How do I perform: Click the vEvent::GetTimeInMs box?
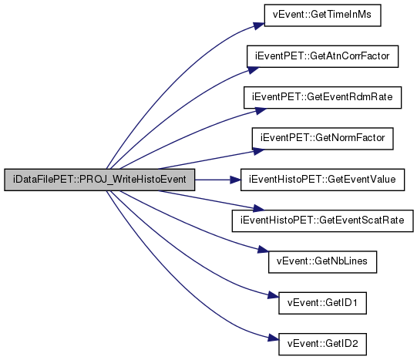click(323, 15)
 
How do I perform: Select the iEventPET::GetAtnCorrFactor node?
click(323, 56)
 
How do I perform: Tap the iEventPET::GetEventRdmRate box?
click(323, 97)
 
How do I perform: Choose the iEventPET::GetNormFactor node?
click(323, 139)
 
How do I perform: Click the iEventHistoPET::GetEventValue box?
click(323, 180)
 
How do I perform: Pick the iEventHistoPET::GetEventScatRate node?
click(323, 220)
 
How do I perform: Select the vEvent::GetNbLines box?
click(323, 262)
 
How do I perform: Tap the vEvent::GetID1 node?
click(323, 303)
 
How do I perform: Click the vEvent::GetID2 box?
click(323, 344)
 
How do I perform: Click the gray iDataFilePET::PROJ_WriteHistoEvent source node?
click(99, 180)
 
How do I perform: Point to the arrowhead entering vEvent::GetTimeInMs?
click(259, 25)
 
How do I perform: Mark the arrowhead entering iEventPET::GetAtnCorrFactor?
click(253, 70)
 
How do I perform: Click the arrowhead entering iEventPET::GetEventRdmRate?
click(261, 111)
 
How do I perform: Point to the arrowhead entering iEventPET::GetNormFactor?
click(258, 151)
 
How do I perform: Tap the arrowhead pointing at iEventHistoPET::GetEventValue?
click(236, 180)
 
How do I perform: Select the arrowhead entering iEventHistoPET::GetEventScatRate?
click(258, 208)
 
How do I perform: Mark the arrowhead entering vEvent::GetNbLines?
click(263, 250)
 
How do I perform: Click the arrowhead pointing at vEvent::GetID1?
click(273, 295)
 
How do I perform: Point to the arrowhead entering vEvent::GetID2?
click(273, 338)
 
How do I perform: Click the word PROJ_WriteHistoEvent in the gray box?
click(133, 180)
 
